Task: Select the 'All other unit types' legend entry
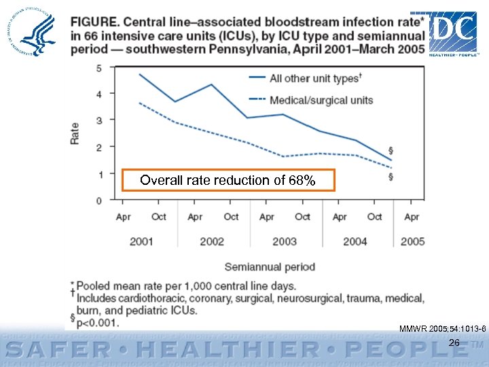pos(314,78)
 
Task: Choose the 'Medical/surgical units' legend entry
pos(321,100)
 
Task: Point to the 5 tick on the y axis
pos(100,67)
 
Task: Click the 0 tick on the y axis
pos(100,200)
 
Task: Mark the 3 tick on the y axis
pos(100,120)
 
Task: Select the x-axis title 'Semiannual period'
pos(270,266)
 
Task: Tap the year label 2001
pos(141,241)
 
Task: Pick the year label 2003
pos(284,241)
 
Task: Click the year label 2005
pos(412,241)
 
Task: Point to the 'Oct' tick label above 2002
pos(231,217)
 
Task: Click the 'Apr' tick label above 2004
pos(340,217)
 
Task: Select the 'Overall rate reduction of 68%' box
pos(228,180)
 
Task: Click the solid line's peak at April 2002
pos(212,84)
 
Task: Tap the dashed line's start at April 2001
pos(139,103)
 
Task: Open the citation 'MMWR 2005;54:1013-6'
pos(442,329)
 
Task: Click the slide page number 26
pos(454,343)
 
